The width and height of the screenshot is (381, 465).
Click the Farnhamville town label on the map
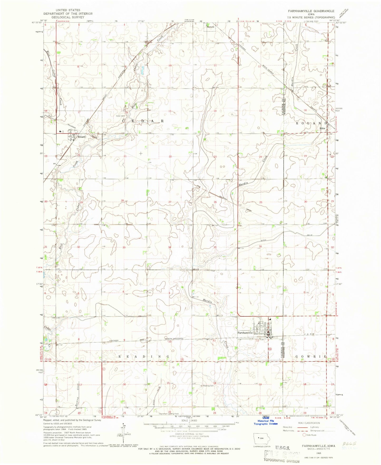tap(245, 333)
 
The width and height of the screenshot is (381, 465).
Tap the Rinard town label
tap(81, 137)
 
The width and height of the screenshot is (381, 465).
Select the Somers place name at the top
tap(210, 27)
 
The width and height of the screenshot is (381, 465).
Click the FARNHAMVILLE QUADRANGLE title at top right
tap(311, 11)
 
